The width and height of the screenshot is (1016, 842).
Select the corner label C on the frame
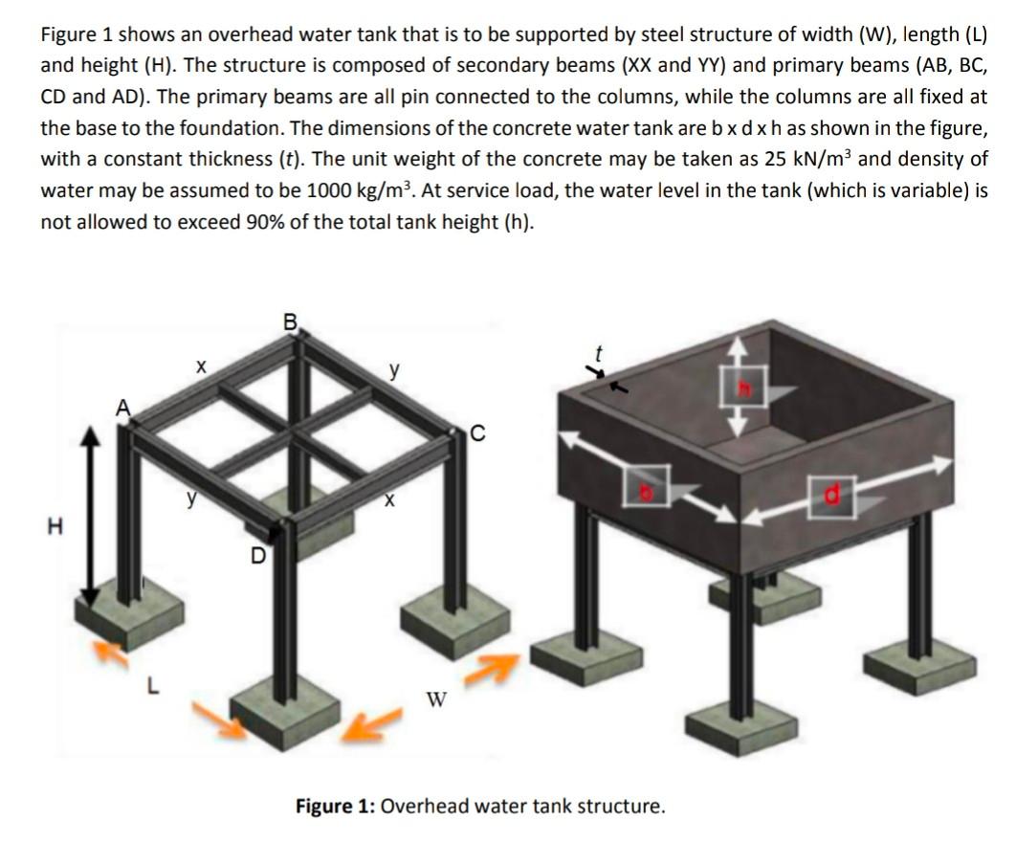tap(477, 433)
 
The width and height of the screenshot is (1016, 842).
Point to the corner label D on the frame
tap(258, 556)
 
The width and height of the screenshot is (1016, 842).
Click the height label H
tap(55, 526)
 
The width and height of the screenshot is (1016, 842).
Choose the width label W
tap(436, 699)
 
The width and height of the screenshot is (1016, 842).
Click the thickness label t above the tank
tap(599, 353)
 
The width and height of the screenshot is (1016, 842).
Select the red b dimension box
tap(646, 485)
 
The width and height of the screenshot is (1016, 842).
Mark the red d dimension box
tap(831, 497)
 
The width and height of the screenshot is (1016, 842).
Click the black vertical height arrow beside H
tap(91, 516)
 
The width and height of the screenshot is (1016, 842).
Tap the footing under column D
tap(285, 716)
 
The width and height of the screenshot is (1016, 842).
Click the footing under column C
tap(453, 620)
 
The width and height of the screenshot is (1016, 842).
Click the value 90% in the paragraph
tap(265, 221)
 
